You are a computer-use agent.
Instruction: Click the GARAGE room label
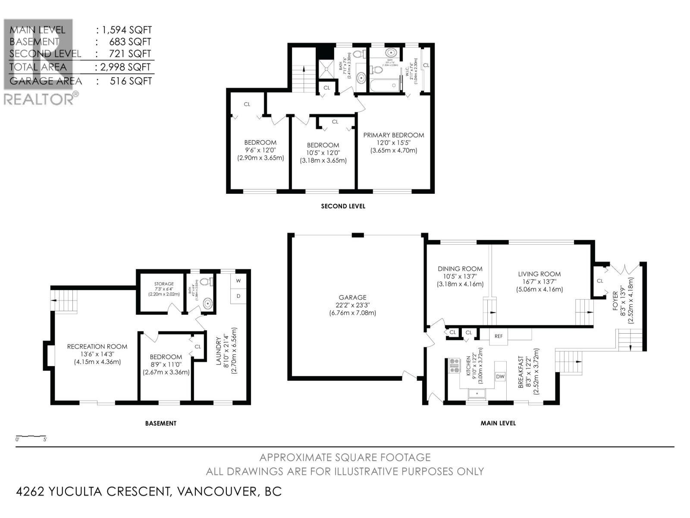pyautogui.click(x=352, y=297)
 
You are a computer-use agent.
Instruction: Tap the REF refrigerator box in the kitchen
pyautogui.click(x=499, y=336)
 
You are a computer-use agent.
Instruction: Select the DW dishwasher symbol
pyautogui.click(x=500, y=377)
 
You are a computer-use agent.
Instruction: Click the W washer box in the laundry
pyautogui.click(x=238, y=280)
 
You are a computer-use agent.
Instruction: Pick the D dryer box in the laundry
pyautogui.click(x=238, y=296)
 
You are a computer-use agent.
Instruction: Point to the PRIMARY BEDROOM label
pyautogui.click(x=393, y=135)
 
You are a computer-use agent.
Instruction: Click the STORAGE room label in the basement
pyautogui.click(x=164, y=284)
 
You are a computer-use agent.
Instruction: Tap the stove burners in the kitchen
pyautogui.click(x=455, y=366)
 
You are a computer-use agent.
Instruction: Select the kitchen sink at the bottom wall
pyautogui.click(x=477, y=393)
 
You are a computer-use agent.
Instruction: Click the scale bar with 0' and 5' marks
pyautogui.click(x=31, y=437)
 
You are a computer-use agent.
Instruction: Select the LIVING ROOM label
pyautogui.click(x=539, y=274)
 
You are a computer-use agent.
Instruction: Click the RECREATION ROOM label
pyautogui.click(x=97, y=346)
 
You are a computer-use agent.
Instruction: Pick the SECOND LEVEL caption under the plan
pyautogui.click(x=343, y=206)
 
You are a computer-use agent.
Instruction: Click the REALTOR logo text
pyautogui.click(x=39, y=100)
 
